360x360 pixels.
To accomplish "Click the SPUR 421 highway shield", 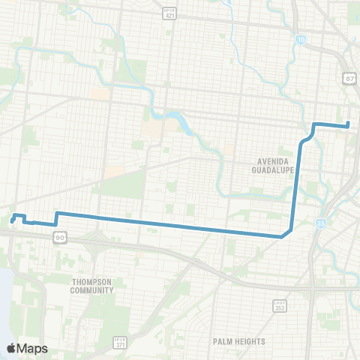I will coord(170,13).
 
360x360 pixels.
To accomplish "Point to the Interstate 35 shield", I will coord(321,223).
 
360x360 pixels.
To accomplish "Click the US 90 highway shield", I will coord(59,237).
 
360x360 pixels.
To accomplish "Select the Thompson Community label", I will coord(93,286).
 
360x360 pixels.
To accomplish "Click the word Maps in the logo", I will coord(32,348).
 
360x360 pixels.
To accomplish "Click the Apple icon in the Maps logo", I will coord(12,348).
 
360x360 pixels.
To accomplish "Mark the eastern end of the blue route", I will coord(349,126).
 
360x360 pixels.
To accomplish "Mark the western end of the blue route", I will coord(12,220).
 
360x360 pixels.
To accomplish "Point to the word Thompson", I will coord(93,281).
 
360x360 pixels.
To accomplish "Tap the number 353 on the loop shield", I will coord(278,307).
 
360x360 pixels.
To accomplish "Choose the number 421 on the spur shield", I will coord(170,16).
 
